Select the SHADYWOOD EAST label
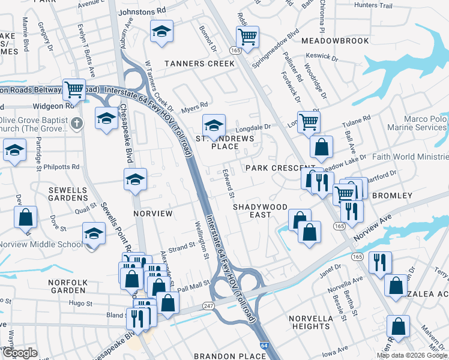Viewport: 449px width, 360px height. [x=261, y=211]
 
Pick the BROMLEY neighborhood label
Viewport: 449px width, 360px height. [x=393, y=196]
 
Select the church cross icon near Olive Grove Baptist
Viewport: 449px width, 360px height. [x=76, y=124]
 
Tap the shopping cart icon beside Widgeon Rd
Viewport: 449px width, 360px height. [x=74, y=90]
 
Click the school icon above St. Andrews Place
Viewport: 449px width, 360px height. [x=213, y=125]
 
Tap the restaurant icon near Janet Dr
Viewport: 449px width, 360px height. [x=381, y=262]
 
